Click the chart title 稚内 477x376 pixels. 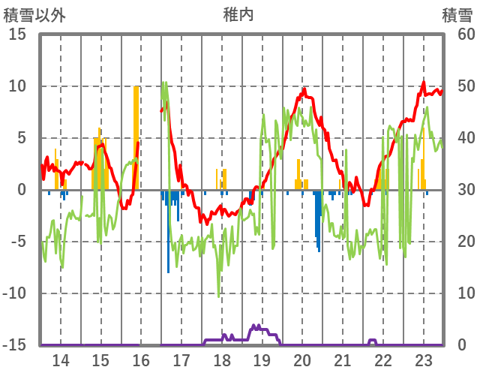(238, 14)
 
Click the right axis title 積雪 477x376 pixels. (457, 14)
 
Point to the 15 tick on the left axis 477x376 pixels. (17, 35)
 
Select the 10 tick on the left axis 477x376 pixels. (17, 86)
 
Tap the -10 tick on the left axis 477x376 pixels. (15, 293)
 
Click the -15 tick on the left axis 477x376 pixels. (15, 345)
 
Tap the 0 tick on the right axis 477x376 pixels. (461, 345)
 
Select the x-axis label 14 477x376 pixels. (61, 360)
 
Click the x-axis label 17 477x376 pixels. (181, 360)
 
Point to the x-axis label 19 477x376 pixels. (262, 360)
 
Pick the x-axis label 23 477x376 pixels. (423, 360)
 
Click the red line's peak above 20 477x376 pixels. (304, 89)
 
